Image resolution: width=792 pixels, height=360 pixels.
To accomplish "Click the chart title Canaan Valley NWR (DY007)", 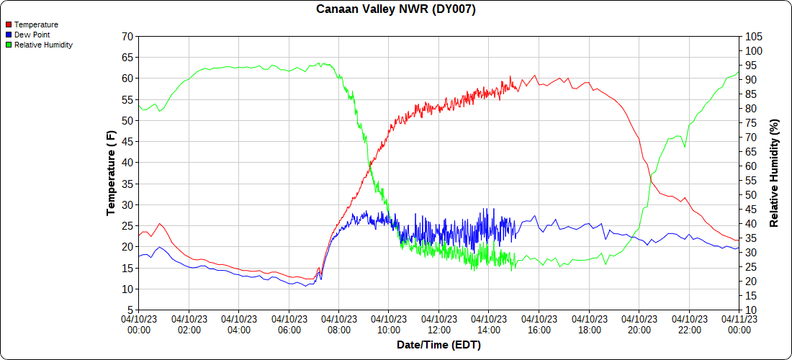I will (x=396, y=9).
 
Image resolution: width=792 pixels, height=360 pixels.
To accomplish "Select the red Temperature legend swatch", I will (x=8, y=24).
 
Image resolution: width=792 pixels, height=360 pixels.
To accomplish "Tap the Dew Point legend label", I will (x=32, y=35).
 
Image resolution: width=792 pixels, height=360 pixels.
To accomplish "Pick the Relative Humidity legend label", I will (x=43, y=45).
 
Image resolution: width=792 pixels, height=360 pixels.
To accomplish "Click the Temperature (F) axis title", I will (x=111, y=173).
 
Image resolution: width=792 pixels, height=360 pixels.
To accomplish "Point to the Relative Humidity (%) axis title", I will (x=775, y=173).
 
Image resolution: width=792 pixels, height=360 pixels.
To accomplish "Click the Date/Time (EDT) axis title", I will (x=438, y=345).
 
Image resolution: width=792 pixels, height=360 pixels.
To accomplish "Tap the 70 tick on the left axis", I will (x=127, y=36).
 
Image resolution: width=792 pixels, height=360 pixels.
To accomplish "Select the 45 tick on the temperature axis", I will (x=127, y=141).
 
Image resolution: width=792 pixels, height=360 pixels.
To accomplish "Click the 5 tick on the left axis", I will (x=130, y=310).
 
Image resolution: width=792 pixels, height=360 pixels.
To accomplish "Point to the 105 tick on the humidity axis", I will (x=753, y=36).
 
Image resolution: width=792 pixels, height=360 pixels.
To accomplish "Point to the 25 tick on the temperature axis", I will (x=127, y=225).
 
